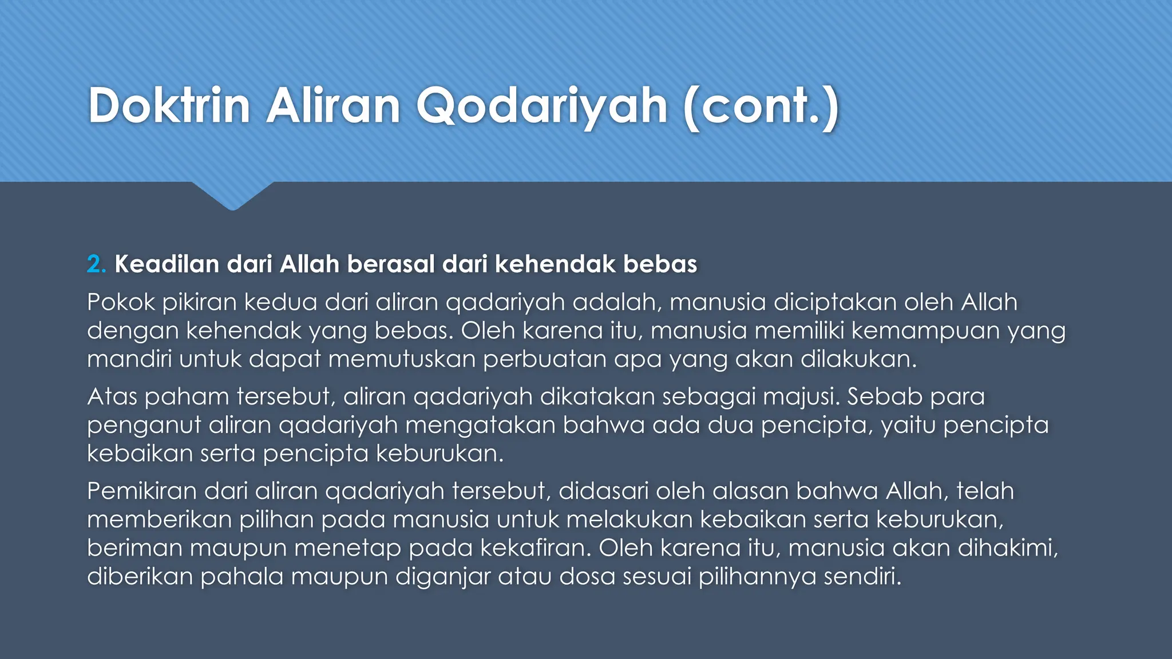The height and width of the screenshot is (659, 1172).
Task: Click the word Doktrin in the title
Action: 169,106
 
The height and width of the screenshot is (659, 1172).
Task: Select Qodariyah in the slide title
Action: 541,107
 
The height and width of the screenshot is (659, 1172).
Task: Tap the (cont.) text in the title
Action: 761,107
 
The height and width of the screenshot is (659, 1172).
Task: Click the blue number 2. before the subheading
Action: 96,264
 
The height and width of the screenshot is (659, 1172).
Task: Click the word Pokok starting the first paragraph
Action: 121,302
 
